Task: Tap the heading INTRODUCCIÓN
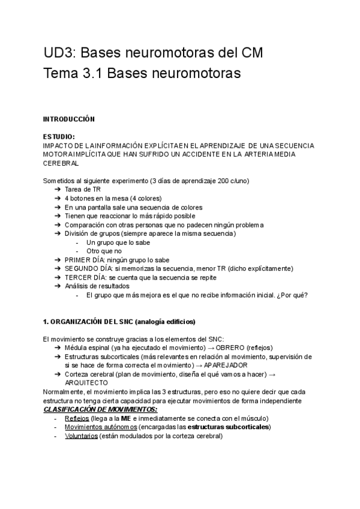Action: coord(69,119)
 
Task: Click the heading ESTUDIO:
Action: coord(59,137)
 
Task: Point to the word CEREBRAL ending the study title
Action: coord(61,163)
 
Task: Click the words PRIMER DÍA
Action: coord(83,260)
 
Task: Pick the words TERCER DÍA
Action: coord(83,277)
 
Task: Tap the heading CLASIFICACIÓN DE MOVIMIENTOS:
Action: coord(101,409)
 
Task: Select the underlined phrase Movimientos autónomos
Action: coord(100,427)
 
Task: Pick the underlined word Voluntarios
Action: coord(81,436)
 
